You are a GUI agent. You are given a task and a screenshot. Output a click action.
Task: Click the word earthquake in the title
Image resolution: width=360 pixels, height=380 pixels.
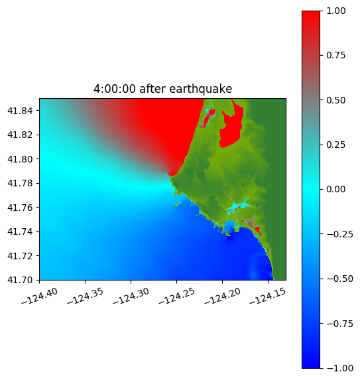point(201,89)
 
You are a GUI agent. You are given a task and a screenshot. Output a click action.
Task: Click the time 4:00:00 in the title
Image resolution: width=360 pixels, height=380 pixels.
point(115,89)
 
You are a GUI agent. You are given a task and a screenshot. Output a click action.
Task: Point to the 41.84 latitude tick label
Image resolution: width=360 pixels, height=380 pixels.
point(20,111)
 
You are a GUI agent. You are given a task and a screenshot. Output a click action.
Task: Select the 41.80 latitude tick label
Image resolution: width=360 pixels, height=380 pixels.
point(20,159)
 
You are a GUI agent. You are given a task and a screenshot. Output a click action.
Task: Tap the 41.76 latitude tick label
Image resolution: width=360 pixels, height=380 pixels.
point(20,208)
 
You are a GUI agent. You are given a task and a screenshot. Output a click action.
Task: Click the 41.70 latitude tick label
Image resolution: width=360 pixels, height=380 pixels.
point(20,280)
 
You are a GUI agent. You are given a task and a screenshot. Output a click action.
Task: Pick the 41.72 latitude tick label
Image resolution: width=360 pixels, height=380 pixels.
point(20,256)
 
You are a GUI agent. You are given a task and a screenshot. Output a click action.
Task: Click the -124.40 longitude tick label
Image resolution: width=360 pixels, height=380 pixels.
point(40,296)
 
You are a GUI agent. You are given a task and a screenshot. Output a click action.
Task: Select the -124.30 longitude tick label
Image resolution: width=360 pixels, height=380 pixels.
point(131,296)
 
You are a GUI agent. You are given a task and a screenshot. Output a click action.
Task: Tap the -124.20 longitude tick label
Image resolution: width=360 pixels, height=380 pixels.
point(223,296)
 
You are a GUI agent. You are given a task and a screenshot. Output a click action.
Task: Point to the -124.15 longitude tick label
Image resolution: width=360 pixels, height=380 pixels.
point(268,296)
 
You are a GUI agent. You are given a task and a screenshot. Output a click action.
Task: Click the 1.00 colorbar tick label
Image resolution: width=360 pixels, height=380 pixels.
point(335,11)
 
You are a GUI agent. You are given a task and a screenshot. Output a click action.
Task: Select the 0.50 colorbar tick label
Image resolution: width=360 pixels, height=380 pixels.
point(335,100)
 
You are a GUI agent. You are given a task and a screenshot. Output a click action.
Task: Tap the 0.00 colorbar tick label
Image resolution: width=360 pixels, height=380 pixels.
point(335,189)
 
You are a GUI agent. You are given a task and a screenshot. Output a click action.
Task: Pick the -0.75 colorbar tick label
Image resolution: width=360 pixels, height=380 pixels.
point(339,324)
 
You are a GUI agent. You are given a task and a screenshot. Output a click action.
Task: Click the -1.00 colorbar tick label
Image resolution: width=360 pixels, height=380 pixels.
point(339,368)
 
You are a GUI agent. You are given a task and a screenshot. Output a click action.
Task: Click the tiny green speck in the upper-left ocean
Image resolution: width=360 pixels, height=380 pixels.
point(61,113)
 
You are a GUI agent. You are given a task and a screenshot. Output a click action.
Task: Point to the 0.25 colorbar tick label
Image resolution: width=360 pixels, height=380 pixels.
point(335,145)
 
